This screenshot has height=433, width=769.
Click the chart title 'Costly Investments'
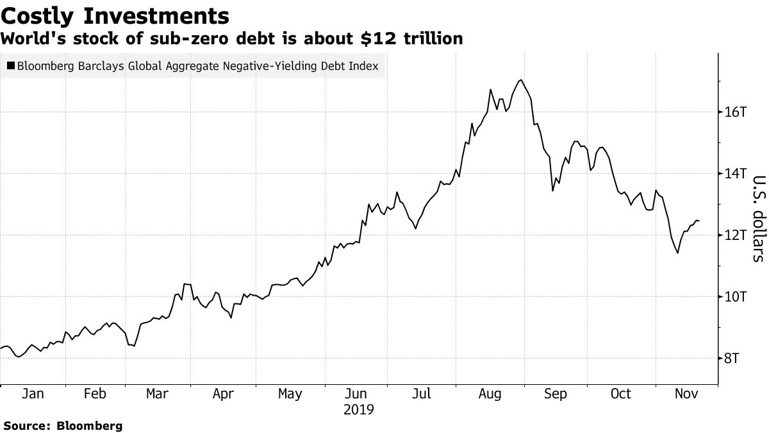115,15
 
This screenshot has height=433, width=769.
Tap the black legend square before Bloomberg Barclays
11,65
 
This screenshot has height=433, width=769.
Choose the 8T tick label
732,359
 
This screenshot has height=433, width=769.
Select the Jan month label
33,394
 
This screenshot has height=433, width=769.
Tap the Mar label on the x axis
157,394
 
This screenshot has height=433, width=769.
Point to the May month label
290,394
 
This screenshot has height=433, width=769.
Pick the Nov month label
686,394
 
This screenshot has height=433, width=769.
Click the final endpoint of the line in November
699,221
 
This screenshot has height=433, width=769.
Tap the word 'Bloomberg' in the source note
90,425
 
